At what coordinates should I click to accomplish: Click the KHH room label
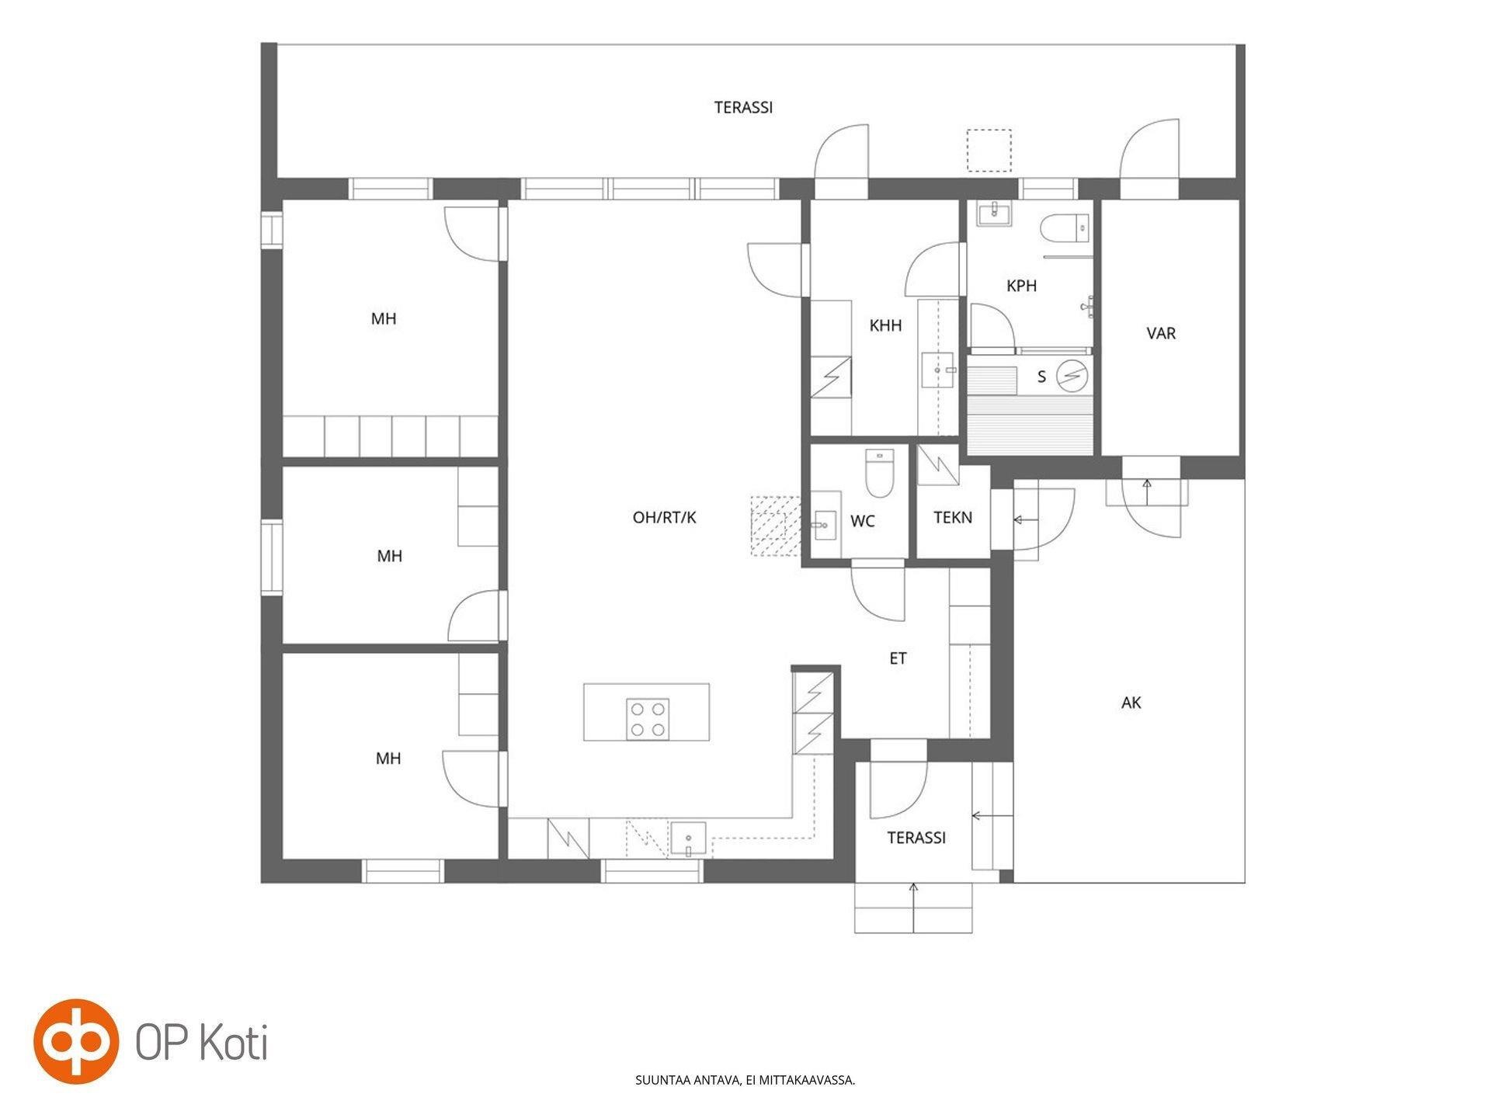(x=885, y=325)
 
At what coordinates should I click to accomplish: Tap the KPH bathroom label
(x=1021, y=286)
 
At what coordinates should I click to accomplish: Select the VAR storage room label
(x=1161, y=333)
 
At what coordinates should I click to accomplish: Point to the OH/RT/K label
(x=665, y=517)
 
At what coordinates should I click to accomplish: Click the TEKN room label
(x=953, y=517)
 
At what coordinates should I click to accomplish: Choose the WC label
(x=863, y=521)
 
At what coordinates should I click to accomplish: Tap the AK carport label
(x=1131, y=703)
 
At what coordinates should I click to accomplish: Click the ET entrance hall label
(x=898, y=658)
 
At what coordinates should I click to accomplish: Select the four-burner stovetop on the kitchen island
(x=648, y=719)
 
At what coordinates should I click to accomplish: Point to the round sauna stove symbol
(x=1072, y=376)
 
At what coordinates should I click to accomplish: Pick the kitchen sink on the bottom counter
(x=689, y=838)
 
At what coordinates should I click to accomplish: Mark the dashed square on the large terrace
(x=989, y=151)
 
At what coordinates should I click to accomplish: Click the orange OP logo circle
(x=76, y=1041)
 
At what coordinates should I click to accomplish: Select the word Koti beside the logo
(x=235, y=1042)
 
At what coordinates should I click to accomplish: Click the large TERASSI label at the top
(x=743, y=108)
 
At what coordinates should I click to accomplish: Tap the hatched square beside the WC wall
(x=775, y=526)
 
